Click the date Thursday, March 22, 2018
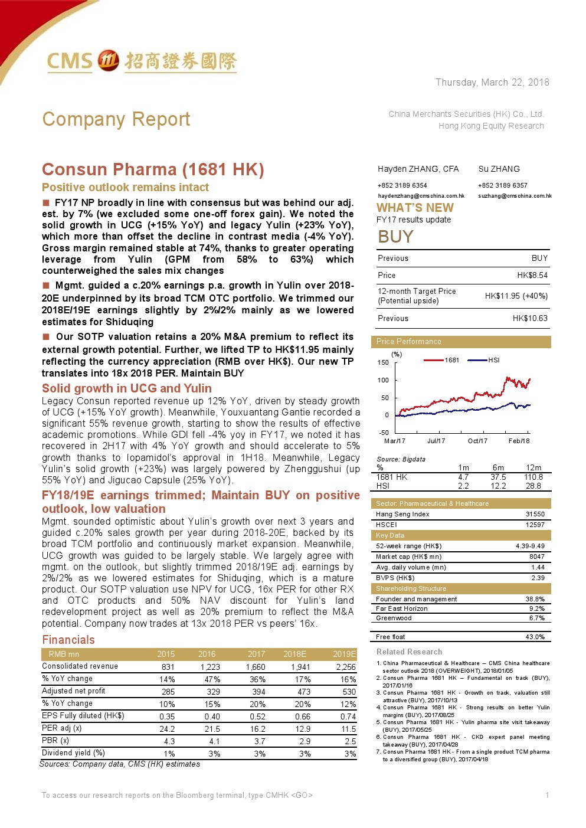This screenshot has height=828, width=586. tap(492, 82)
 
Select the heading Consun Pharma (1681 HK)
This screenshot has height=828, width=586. tap(153, 169)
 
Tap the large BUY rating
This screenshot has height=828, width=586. tap(395, 237)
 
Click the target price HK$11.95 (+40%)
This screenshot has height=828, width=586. tap(516, 296)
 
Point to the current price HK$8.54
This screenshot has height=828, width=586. tap(532, 275)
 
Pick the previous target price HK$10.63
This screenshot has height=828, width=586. tap(530, 318)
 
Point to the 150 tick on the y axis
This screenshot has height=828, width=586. tap(383, 362)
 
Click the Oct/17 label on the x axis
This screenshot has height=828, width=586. tap(477, 441)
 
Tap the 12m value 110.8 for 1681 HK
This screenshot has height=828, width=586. tap(533, 477)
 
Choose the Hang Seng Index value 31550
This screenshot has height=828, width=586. tap(535, 514)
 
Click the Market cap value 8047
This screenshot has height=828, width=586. tap(536, 557)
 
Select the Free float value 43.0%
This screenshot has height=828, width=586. tap(535, 637)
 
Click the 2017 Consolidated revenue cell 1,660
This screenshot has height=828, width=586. tap(256, 667)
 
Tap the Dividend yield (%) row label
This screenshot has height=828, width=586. tap(73, 752)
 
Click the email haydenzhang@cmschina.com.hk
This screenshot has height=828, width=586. tap(421, 196)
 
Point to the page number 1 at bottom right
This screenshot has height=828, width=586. tap(547, 795)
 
